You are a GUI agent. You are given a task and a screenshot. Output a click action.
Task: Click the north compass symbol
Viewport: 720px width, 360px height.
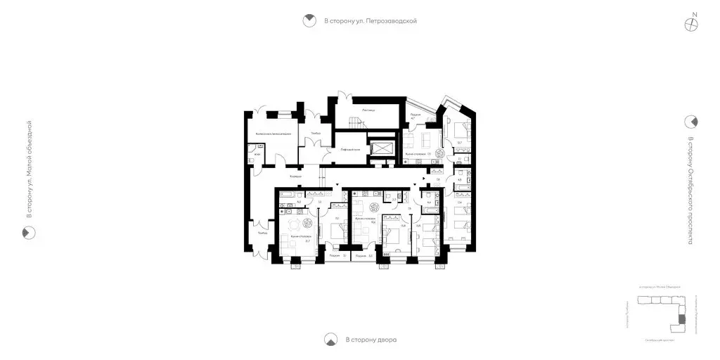coord(693,22)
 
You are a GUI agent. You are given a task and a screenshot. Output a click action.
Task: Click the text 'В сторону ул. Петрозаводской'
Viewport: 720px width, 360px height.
coord(371,21)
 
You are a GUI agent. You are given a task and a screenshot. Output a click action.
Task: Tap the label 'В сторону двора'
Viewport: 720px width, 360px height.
coord(371,340)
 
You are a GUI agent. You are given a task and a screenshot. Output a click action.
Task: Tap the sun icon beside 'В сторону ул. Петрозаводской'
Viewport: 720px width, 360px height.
coord(308,21)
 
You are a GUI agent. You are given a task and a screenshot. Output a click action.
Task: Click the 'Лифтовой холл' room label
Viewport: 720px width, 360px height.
coord(350,150)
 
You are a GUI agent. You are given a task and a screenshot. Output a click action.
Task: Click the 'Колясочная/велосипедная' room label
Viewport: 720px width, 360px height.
coord(273,134)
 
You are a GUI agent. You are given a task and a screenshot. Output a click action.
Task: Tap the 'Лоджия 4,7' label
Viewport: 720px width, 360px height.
coord(415,116)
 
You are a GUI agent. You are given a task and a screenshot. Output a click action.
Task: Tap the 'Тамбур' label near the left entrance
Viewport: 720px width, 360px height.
coord(262,233)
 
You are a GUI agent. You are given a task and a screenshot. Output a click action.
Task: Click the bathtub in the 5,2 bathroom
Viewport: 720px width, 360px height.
coord(288,193)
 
